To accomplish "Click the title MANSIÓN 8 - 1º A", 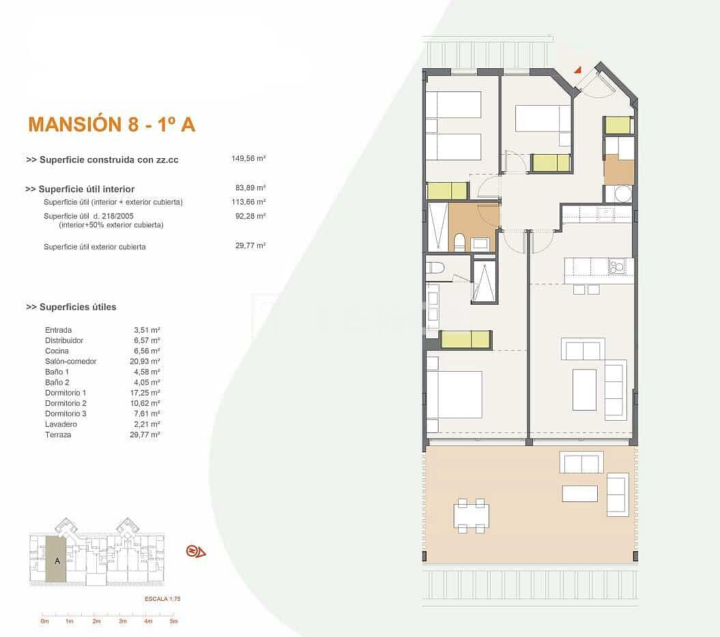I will pos(111,124).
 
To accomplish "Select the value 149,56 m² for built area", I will pos(248,158).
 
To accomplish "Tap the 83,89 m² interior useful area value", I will pos(250,188).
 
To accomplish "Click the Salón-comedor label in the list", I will pos(70,361).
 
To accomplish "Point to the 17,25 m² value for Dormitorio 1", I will pos(147,393).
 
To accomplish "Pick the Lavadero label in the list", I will pos(59,424).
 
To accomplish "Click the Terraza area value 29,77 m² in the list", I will pos(147,434).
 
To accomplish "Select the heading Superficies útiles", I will pos(71,307).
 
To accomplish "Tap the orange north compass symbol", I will pos(195,551).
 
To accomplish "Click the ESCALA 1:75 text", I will pos(162,599).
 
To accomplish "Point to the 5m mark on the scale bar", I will pos(173,621).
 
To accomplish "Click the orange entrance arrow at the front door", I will pos(577,69).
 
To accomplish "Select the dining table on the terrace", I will pos(472,516).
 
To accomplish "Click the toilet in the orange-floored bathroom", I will pos(460,242).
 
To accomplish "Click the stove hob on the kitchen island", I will pos(618,266).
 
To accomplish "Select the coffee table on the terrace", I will pos(579,493).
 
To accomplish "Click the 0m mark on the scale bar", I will pos(44,621).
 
